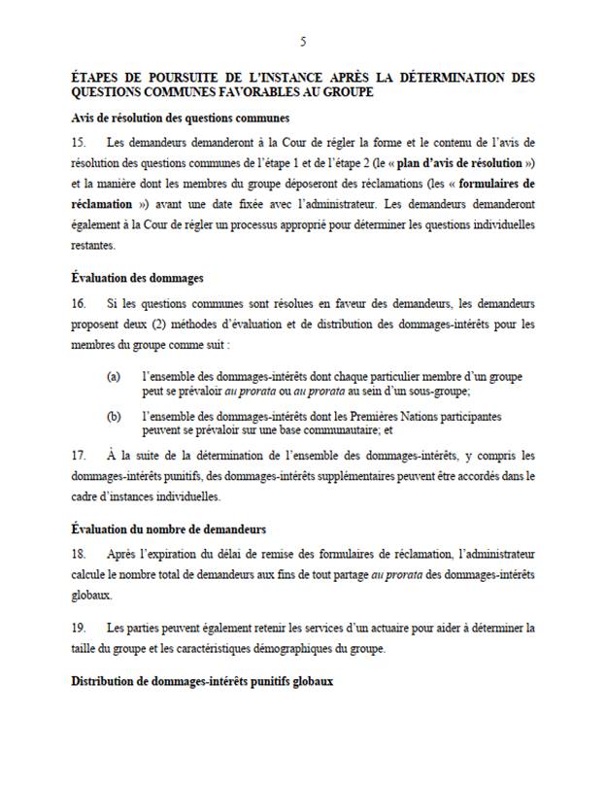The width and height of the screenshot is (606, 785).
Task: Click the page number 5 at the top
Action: [303, 42]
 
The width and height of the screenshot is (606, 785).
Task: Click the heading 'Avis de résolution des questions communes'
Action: [181, 119]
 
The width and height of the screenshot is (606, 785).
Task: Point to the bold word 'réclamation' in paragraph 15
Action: [100, 205]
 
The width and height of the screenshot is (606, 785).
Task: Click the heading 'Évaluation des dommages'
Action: [137, 278]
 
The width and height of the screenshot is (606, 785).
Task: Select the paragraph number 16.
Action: [79, 303]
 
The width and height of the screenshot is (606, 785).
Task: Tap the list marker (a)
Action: [115, 375]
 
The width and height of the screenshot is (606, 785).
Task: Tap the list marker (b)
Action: [115, 416]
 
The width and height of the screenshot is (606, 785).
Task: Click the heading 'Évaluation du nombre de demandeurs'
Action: [169, 528]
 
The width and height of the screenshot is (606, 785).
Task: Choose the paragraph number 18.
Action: [79, 553]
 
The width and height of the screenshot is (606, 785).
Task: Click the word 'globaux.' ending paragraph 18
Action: [92, 594]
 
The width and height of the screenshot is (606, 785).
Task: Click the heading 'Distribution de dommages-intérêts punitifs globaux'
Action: [202, 682]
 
